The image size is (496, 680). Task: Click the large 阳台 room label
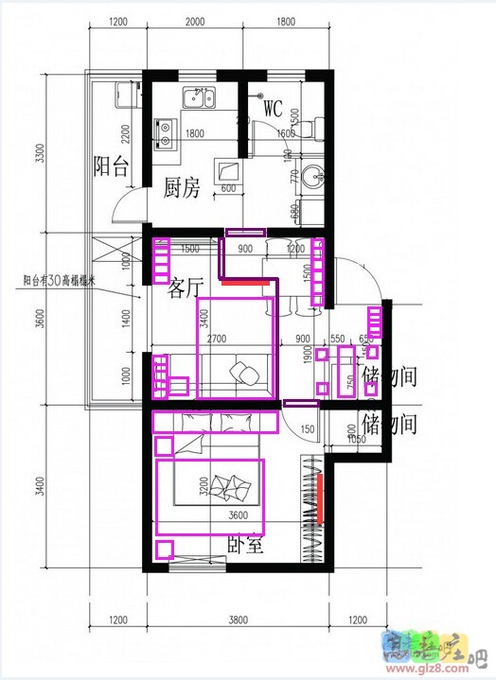coord(111,167)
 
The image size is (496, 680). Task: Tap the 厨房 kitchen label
coord(183,187)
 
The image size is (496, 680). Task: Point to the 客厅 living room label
coord(186,288)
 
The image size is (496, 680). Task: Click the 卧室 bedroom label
coord(246,546)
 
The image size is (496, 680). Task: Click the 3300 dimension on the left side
coord(39,152)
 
